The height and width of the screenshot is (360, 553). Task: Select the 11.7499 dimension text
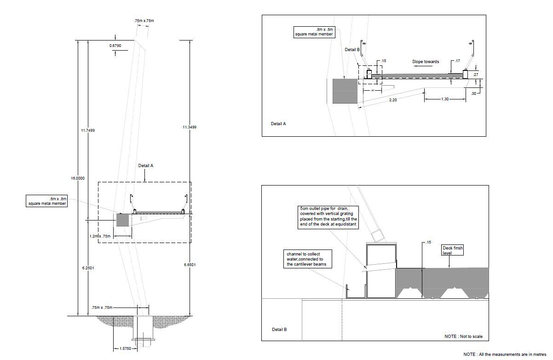(87, 130)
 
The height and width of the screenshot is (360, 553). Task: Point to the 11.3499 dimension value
(189, 127)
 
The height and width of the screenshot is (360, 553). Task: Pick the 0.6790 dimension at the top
(115, 46)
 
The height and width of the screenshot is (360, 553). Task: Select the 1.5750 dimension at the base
(124, 348)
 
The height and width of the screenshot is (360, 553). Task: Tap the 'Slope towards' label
(425, 62)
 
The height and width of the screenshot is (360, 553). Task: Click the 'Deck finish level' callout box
(453, 250)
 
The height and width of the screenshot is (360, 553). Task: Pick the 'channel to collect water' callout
(308, 259)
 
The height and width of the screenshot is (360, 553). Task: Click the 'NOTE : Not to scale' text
(464, 337)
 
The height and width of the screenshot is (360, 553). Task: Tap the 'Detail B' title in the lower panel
(279, 330)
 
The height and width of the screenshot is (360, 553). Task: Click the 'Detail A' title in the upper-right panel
(278, 123)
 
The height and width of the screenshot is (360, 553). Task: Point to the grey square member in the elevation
(122, 220)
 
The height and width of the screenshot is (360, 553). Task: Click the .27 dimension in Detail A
(475, 74)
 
